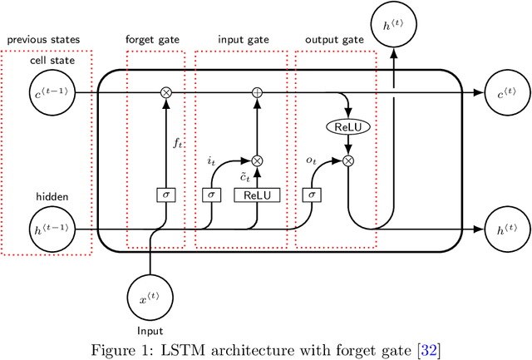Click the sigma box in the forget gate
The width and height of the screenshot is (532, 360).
point(165,195)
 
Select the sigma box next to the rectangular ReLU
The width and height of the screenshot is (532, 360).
point(211,195)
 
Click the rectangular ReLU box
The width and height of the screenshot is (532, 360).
point(257,195)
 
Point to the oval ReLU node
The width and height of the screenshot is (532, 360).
point(348,128)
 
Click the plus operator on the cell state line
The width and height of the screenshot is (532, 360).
point(257,92)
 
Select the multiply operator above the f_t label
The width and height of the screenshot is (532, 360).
point(165,92)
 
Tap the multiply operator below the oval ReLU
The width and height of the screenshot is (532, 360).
point(348,160)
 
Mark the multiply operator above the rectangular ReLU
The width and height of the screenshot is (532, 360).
point(257,160)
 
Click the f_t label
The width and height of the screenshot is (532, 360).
point(176,143)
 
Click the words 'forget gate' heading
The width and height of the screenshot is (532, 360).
point(150,39)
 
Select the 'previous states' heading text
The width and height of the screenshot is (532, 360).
point(45,39)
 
